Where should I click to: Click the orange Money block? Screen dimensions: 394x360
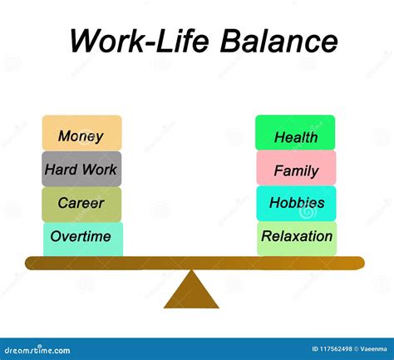click(x=81, y=133)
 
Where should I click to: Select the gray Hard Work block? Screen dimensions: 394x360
click(x=81, y=169)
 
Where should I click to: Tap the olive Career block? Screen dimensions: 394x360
click(x=81, y=205)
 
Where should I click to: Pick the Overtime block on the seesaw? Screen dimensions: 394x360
click(x=83, y=239)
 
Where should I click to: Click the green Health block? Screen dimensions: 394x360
click(x=295, y=132)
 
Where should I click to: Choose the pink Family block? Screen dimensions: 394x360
click(x=296, y=168)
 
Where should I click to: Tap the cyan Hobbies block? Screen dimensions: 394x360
click(x=297, y=204)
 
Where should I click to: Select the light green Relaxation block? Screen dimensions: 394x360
click(x=297, y=239)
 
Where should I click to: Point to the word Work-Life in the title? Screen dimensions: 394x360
click(x=140, y=41)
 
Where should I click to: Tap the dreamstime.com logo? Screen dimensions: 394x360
click(x=37, y=350)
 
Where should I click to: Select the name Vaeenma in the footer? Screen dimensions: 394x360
click(x=373, y=349)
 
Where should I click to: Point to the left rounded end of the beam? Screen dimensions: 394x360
click(x=26, y=264)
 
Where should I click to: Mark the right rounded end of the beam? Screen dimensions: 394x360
click(x=364, y=264)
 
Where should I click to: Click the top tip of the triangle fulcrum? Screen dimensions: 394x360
click(x=191, y=270)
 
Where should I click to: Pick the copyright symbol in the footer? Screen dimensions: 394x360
click(x=356, y=349)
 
